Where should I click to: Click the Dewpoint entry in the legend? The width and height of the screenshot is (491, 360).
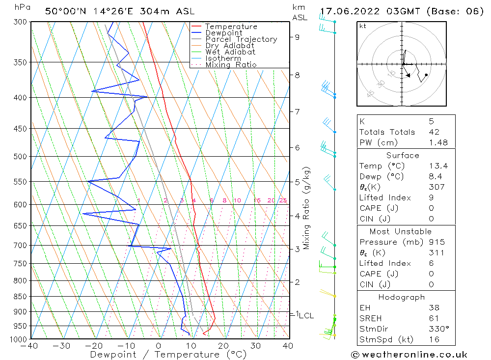coord(224,33)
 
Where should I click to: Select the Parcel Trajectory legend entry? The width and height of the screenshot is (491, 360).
coord(241,39)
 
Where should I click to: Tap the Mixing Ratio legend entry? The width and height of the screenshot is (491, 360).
coord(231,64)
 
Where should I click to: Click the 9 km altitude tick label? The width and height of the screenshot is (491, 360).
coord(298,36)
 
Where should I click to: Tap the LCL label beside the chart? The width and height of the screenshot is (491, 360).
coord(306,315)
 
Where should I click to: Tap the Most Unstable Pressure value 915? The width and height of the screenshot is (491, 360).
coord(436,242)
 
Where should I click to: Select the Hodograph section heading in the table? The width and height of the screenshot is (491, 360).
coord(402,297)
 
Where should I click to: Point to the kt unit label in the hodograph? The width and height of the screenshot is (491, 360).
coord(363,26)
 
